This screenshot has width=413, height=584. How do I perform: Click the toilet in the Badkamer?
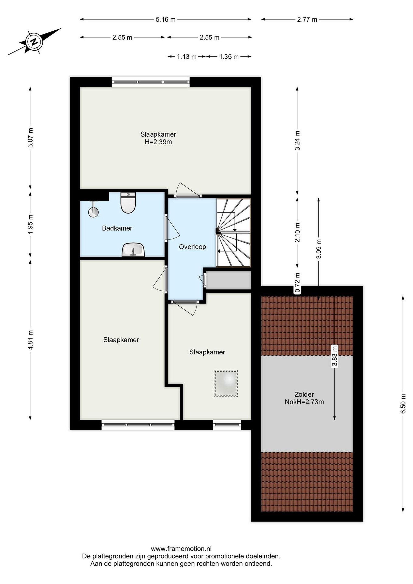click(128, 202)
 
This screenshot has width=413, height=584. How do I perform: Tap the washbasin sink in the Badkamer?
click(133, 250)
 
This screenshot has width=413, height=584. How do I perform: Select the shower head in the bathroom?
click(93, 210)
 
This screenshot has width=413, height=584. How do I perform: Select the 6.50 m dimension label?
click(403, 404)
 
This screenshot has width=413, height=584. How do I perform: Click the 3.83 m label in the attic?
click(335, 356)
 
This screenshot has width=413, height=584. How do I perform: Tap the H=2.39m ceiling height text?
click(158, 142)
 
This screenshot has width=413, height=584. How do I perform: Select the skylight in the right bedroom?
click(226, 383)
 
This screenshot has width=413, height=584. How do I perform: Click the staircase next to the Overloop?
click(233, 232)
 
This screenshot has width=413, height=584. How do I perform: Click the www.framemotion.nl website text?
click(181, 549)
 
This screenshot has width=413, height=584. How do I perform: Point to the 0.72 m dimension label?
click(297, 282)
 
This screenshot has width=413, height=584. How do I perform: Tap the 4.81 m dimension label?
click(31, 340)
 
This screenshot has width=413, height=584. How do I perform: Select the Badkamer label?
click(117, 228)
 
